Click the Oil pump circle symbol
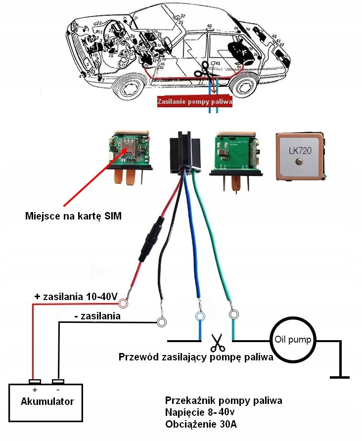pyautogui.click(x=292, y=340)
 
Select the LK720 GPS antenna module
pyautogui.click(x=300, y=155)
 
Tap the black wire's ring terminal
pyautogui.click(x=161, y=322)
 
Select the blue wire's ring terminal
pyautogui.click(x=200, y=316)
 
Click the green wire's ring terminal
pyautogui.click(x=233, y=314)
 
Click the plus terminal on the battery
pyautogui.click(x=35, y=382)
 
